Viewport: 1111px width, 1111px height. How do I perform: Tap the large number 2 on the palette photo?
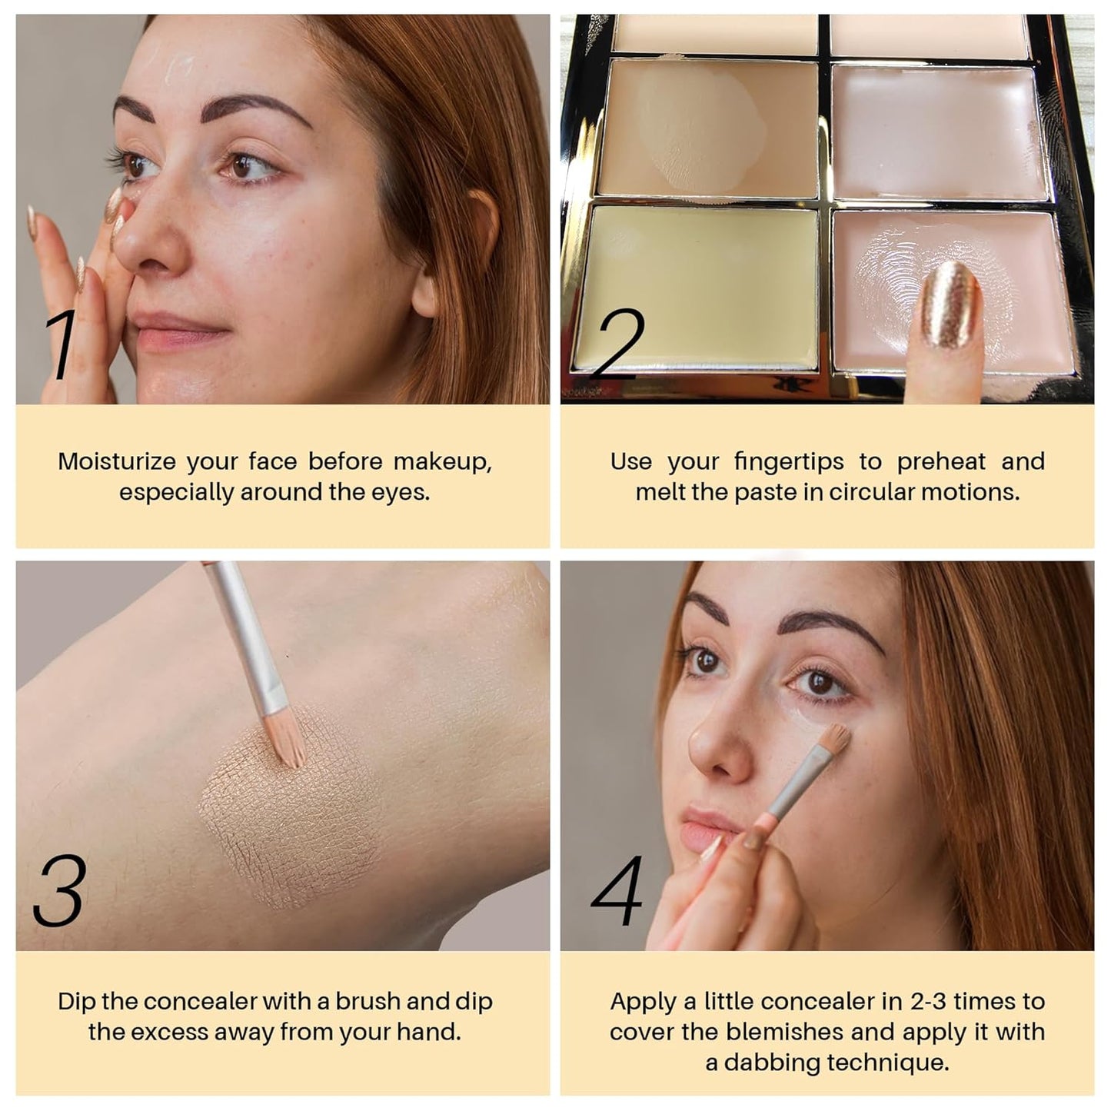620,345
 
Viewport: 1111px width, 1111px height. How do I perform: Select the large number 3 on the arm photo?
59,891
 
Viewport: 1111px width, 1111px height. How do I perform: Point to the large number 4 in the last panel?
617,891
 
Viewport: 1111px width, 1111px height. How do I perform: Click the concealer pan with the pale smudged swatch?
707,127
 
